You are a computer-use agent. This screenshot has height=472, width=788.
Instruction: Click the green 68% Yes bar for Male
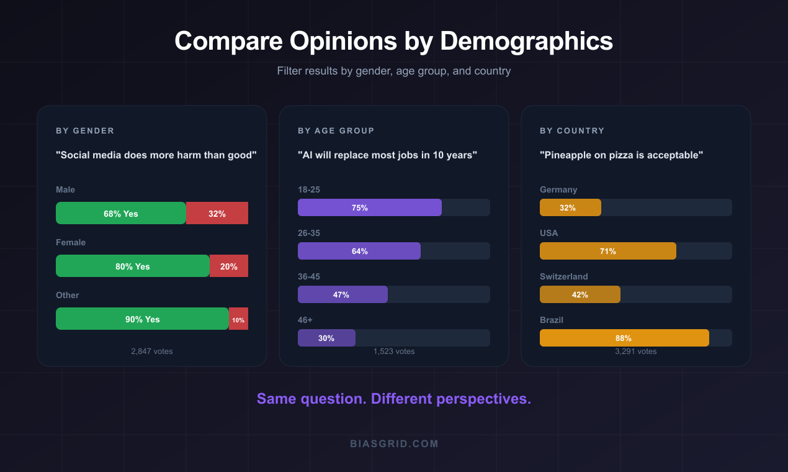click(121, 213)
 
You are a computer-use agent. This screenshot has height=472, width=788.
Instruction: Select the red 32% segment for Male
click(217, 213)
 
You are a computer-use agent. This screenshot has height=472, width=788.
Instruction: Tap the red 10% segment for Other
click(238, 319)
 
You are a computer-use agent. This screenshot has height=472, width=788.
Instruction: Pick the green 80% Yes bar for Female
click(133, 266)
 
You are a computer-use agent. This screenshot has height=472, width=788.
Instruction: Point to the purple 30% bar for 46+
click(326, 338)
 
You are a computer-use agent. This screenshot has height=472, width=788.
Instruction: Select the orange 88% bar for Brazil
click(624, 338)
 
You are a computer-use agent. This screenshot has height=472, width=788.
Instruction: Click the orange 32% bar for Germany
click(570, 207)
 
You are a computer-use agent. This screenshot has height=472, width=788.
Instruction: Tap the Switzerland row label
click(564, 276)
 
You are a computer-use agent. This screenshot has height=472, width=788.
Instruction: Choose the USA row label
click(549, 233)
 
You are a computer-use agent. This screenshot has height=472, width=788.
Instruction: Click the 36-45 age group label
click(309, 276)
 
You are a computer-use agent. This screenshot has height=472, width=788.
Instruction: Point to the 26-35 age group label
click(309, 233)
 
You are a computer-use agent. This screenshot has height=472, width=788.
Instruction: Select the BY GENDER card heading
click(85, 130)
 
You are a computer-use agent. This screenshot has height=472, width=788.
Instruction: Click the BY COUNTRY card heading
click(572, 130)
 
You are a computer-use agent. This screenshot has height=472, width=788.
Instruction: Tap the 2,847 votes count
click(152, 351)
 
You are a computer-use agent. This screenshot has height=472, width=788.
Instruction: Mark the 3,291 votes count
click(636, 351)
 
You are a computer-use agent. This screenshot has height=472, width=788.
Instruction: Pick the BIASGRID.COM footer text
click(394, 443)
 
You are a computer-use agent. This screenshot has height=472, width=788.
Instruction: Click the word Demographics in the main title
click(527, 41)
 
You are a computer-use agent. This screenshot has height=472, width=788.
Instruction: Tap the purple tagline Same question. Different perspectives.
click(394, 398)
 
